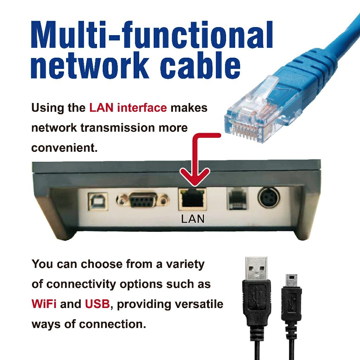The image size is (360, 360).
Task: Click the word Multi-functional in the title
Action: (152, 34)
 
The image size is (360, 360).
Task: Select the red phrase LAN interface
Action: (128, 108)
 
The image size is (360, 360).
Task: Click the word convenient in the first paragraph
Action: (64, 148)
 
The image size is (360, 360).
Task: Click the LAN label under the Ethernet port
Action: (193, 219)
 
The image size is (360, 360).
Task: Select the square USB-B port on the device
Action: (98, 201)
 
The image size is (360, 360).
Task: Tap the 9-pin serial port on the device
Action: (143, 200)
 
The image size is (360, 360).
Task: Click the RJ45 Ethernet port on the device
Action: (192, 199)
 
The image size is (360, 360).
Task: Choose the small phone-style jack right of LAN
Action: (237, 198)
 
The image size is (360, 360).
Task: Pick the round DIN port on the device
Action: (269, 198)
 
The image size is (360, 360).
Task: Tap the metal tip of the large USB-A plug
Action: (256, 268)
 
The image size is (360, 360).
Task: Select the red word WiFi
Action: (44, 304)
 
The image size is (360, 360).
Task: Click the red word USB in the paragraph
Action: (97, 304)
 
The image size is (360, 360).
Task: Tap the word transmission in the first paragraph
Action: (118, 128)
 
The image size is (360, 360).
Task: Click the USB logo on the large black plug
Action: (256, 296)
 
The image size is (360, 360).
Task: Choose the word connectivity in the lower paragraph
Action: (81, 284)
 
